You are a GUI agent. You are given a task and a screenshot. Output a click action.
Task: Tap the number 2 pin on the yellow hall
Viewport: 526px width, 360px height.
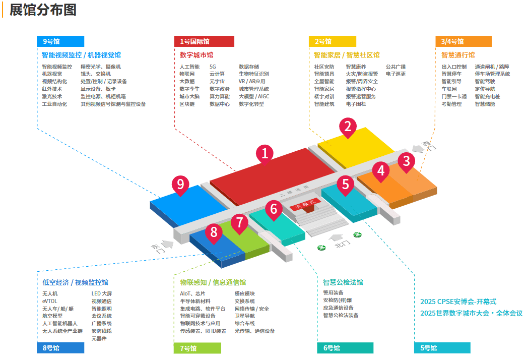pos(348,126)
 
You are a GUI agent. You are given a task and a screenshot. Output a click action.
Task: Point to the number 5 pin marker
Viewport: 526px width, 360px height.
pos(345,184)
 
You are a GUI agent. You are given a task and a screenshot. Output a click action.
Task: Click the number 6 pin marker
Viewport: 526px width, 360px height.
pos(274,209)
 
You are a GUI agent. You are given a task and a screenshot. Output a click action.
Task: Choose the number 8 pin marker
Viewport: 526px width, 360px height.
pos(214,232)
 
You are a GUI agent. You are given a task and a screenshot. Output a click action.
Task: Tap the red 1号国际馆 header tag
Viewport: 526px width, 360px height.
pos(204,41)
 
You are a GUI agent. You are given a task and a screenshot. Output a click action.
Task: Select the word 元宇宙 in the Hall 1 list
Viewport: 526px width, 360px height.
pos(217,81)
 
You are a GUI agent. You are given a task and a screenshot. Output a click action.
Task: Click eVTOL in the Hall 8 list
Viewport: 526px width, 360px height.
pos(49,301)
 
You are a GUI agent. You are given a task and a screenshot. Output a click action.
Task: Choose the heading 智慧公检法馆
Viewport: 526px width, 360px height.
pos(343,282)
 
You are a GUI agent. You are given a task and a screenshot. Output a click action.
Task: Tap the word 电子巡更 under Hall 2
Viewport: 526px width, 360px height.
pos(396,74)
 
